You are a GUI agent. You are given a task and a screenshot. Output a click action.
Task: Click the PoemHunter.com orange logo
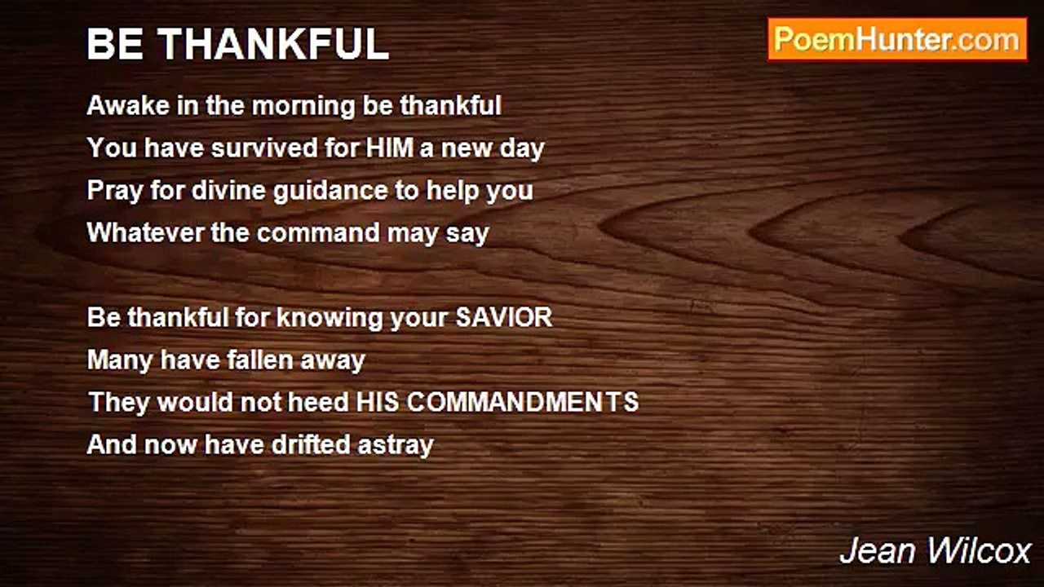tap(897, 40)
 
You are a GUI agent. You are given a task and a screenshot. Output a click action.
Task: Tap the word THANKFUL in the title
tap(272, 44)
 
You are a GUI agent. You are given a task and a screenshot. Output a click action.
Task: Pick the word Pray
tap(115, 192)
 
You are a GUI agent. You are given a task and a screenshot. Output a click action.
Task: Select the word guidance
tap(330, 192)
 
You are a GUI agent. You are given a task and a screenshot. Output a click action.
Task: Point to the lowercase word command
tap(318, 232)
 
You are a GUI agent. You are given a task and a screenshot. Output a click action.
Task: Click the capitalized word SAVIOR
tap(503, 317)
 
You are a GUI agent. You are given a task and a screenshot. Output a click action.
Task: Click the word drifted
tap(311, 444)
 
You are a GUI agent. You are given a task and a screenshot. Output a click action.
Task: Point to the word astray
tap(396, 446)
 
